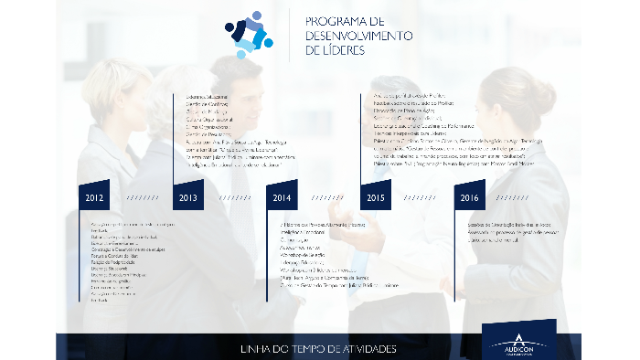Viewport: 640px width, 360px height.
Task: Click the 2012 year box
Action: click(94, 197)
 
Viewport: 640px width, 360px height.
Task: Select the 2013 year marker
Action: click(188, 197)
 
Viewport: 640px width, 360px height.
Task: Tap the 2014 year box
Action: click(282, 197)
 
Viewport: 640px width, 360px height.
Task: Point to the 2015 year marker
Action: click(376, 197)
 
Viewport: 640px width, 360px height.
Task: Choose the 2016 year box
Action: click(469, 197)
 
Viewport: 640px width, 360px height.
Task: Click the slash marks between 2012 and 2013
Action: click(142, 197)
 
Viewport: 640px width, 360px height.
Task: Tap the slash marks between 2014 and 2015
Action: click(328, 197)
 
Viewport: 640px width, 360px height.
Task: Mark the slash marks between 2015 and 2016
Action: click(422, 197)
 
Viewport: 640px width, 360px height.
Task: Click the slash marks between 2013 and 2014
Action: click(235, 197)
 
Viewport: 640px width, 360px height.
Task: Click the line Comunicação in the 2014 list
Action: click(293, 240)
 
